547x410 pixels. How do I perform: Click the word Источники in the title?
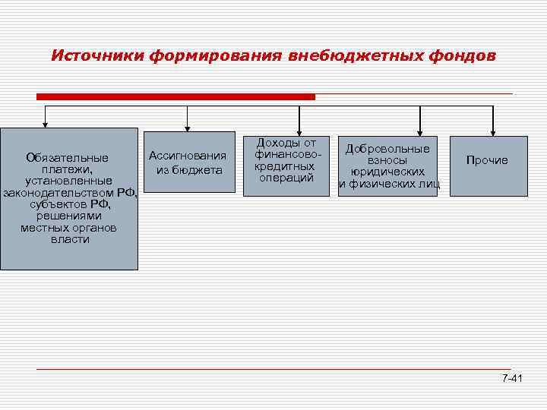click(x=96, y=56)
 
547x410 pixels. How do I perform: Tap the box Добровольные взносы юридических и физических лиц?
click(x=387, y=166)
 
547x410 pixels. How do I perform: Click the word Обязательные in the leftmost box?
click(x=67, y=158)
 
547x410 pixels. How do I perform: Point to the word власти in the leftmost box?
click(x=70, y=239)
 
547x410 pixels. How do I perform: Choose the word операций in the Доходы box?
click(x=286, y=178)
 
